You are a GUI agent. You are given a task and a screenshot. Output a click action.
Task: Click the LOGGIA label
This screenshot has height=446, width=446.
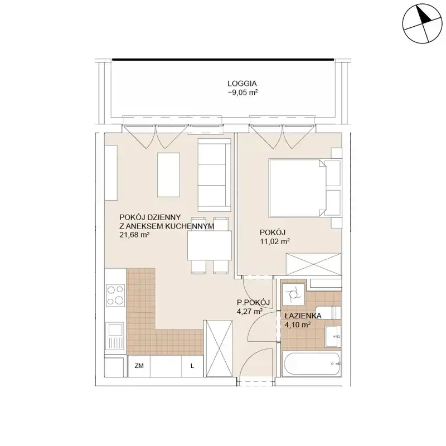coord(242,84)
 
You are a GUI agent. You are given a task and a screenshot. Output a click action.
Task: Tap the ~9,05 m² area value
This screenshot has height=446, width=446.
coord(243,93)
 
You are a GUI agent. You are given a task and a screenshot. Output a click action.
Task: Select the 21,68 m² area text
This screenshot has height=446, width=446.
coord(134,235)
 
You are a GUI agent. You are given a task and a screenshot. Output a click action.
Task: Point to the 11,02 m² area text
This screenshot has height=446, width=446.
coord(275,241)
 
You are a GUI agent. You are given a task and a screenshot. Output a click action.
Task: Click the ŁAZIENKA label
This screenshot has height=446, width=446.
coord(303,316)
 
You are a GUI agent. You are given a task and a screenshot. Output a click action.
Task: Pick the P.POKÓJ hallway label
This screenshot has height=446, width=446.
coord(253,303)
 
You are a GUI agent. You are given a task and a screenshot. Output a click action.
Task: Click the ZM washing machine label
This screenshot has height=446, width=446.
coord(139,366)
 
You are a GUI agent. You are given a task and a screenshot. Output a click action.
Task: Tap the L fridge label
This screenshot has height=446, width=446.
coord(192,366)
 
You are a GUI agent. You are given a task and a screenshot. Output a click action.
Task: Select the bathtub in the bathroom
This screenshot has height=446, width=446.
coord(312,364)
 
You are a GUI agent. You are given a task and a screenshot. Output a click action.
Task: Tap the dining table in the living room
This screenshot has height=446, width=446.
coord(210,245)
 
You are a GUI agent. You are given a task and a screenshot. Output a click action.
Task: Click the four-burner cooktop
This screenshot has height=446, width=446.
coord(115,295)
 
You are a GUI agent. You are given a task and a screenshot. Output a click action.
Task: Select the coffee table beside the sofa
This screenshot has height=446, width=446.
coord(168,175)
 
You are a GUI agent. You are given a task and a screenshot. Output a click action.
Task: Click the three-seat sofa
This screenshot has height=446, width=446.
coord(214,175)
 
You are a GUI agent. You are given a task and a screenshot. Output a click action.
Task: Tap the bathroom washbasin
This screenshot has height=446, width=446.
coord(333,337)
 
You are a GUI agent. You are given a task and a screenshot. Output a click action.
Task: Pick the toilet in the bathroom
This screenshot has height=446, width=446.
coord(328,313)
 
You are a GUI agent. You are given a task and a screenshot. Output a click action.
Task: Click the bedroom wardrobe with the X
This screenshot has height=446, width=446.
coord(314,264)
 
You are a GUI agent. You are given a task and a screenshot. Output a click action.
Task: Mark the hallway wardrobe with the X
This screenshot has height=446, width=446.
coord(218,348)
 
